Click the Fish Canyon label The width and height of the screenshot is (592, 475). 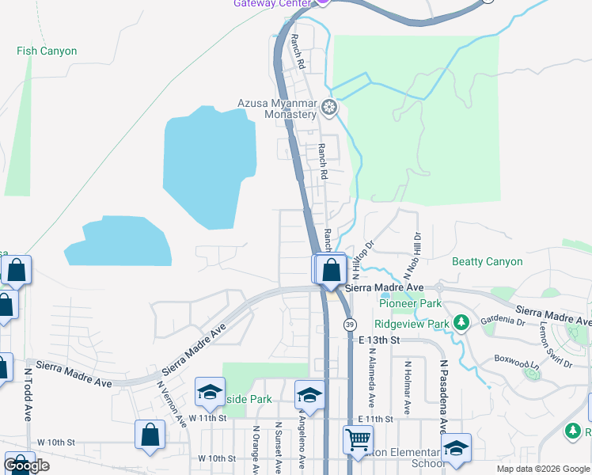(x=47, y=51)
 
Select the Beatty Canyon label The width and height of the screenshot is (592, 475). (x=487, y=261)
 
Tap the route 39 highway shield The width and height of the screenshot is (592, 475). (x=349, y=324)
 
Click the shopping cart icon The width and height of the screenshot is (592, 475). (x=358, y=438)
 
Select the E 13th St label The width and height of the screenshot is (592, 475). (x=376, y=340)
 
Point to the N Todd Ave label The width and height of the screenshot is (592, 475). (x=28, y=393)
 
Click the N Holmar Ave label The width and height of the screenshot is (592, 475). (x=408, y=389)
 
